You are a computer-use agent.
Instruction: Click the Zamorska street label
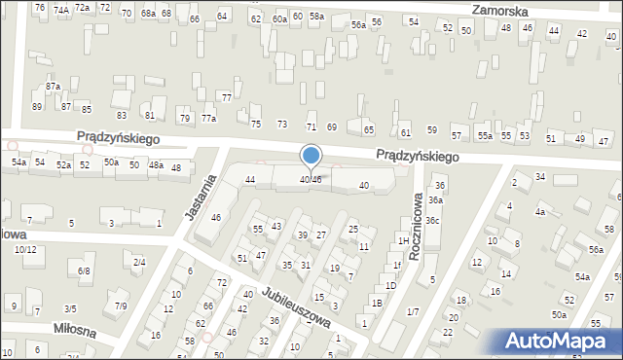coord(499,10)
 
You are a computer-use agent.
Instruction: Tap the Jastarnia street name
coord(200,191)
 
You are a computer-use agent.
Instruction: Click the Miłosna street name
coord(74,331)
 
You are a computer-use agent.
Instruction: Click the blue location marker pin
coord(311,155)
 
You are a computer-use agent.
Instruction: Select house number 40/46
coord(311,180)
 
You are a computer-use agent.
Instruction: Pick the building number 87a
coord(53,87)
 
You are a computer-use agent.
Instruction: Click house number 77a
coord(208,119)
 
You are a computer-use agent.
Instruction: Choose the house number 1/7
coord(413,311)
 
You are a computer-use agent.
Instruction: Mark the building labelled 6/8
coord(85,271)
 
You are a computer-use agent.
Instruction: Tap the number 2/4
coord(139,263)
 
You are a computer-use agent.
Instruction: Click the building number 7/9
coord(121,306)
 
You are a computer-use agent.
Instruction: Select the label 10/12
coord(25,250)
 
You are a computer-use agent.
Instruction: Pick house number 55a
coord(485,135)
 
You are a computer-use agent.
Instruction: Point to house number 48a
coord(155,165)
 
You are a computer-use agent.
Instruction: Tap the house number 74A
coord(61,9)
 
